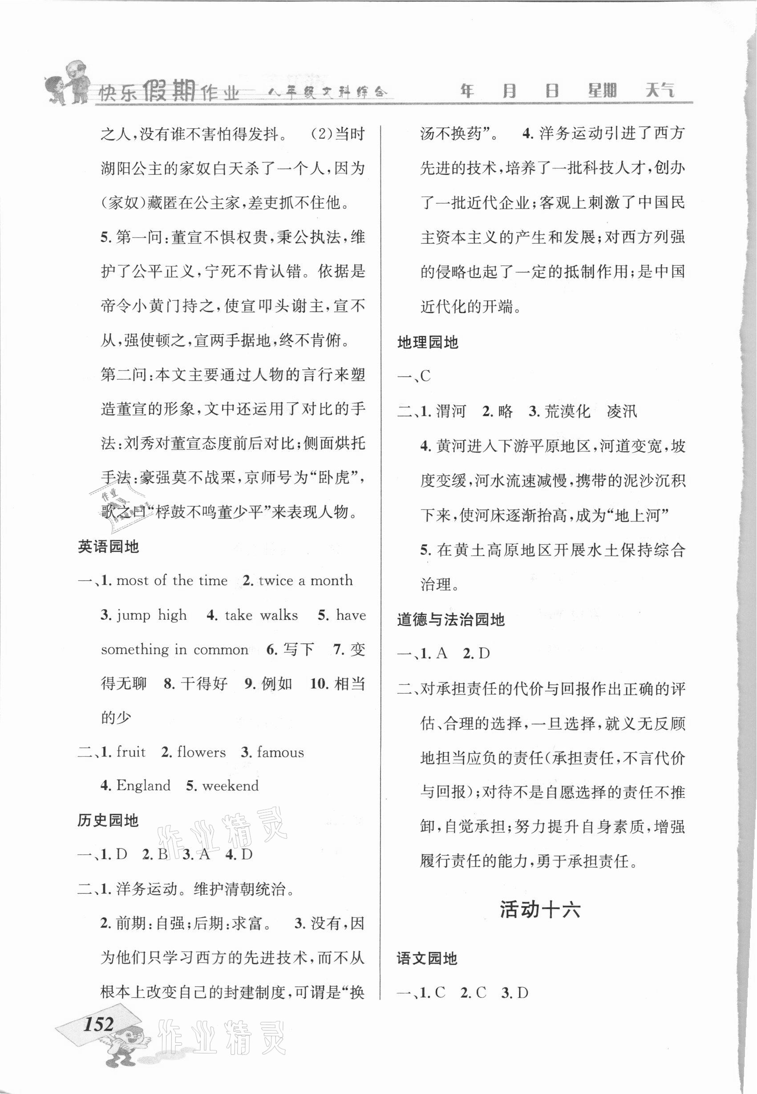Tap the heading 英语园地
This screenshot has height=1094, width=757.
click(108, 547)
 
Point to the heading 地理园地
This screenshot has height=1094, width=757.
click(428, 343)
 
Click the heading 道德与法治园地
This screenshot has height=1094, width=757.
click(450, 619)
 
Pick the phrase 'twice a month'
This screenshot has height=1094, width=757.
click(305, 581)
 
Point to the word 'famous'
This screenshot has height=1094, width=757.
click(280, 752)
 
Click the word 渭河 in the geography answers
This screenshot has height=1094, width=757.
click(451, 411)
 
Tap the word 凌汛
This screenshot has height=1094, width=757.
click(622, 411)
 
